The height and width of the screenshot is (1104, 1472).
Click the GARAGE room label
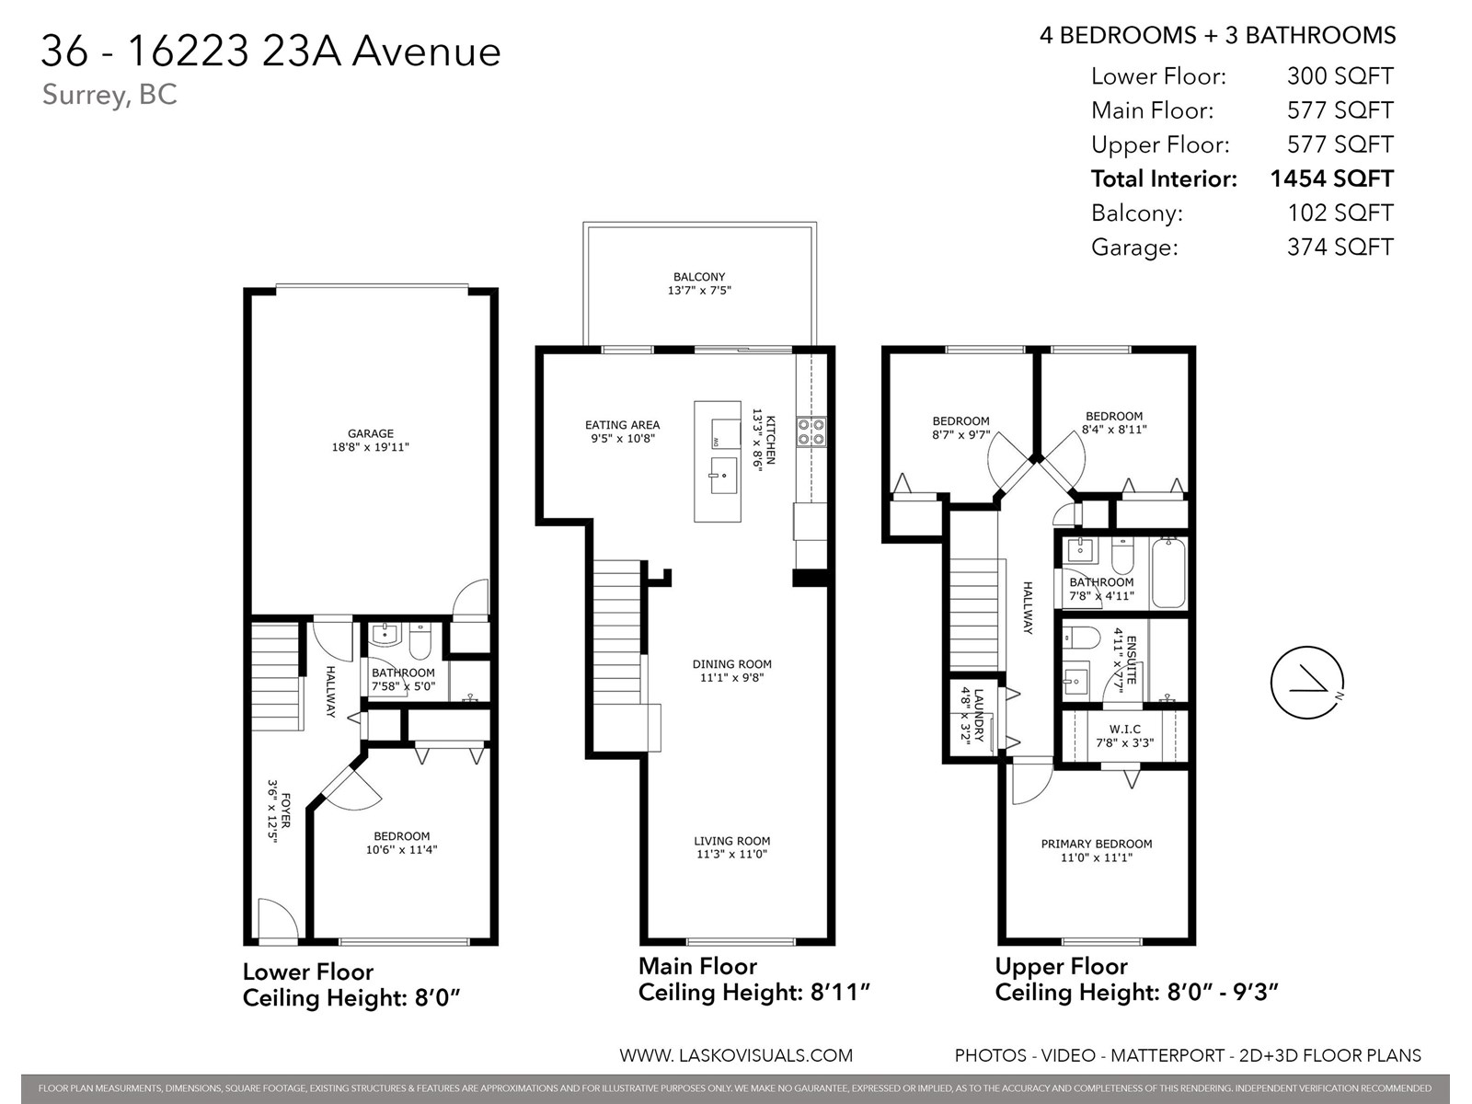pyautogui.click(x=370, y=433)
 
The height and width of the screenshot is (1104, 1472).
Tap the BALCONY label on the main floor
pyautogui.click(x=699, y=277)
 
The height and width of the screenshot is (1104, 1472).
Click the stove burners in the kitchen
pyautogui.click(x=811, y=431)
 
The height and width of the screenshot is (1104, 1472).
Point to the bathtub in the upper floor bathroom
pyautogui.click(x=1168, y=573)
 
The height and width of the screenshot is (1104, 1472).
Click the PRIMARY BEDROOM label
pyautogui.click(x=1096, y=844)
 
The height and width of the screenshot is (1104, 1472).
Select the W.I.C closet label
pyautogui.click(x=1124, y=730)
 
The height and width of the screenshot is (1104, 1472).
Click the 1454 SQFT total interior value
pyautogui.click(x=1331, y=178)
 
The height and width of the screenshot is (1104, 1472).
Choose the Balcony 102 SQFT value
pyautogui.click(x=1340, y=213)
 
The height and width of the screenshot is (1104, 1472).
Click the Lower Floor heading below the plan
pyautogui.click(x=307, y=972)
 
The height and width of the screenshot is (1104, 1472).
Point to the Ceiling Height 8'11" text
pyautogui.click(x=754, y=993)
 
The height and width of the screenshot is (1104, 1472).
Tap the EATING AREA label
pyautogui.click(x=622, y=425)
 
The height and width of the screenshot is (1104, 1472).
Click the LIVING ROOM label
pyautogui.click(x=731, y=841)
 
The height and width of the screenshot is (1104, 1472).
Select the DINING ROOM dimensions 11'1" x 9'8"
pyautogui.click(x=731, y=678)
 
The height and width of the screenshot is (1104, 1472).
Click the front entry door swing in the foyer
pyautogui.click(x=276, y=920)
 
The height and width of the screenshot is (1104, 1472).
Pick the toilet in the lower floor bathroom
pyautogui.click(x=420, y=642)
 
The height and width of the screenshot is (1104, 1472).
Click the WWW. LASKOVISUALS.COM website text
pyautogui.click(x=736, y=1055)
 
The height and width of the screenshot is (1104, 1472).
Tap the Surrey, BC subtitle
pyautogui.click(x=109, y=95)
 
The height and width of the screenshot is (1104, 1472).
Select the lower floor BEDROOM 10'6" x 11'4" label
pyautogui.click(x=401, y=843)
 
